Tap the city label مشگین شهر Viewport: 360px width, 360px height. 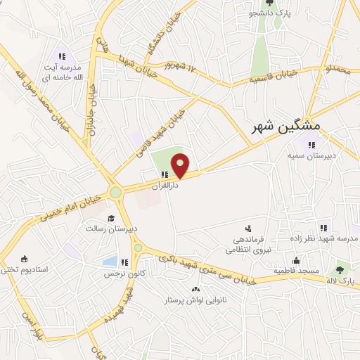286,126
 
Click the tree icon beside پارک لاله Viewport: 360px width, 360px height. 340,269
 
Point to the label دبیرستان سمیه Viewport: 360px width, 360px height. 311,157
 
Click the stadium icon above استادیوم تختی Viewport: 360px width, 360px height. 25,258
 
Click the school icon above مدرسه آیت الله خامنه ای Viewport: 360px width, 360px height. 62,56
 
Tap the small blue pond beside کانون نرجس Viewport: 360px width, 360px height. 110,262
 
